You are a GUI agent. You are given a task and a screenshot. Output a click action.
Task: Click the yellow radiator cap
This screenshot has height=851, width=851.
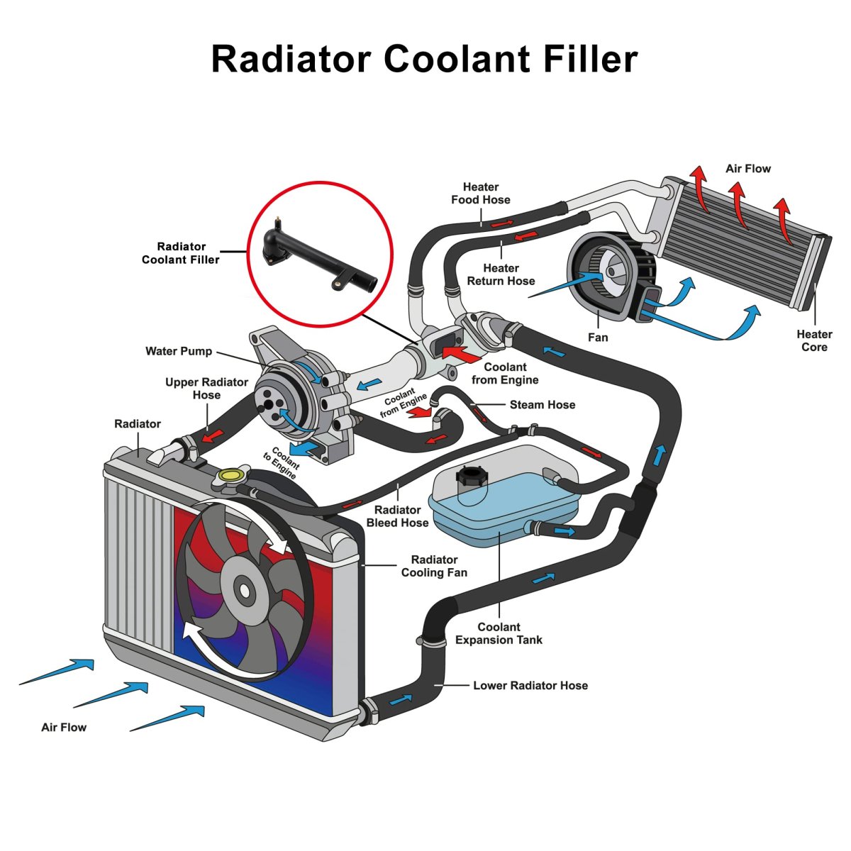coord(231,474)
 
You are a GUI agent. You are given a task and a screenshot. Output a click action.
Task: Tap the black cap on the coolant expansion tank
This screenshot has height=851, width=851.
coord(469,476)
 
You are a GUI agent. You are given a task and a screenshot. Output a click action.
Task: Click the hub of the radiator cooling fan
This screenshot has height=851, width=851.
coord(245,589)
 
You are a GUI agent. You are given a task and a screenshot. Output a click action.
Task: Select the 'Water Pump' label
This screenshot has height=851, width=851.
coord(179,351)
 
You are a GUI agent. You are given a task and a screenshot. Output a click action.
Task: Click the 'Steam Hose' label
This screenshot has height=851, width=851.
coord(543,405)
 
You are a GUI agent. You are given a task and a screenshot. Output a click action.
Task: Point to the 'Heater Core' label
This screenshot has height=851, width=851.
coord(814,340)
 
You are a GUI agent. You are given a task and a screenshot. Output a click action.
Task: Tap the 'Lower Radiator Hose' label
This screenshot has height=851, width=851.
coord(530,686)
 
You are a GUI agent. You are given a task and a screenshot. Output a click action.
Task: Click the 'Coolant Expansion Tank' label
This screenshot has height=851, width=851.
coord(499,633)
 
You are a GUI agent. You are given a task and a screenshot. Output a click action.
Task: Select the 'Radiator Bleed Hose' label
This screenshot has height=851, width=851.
coord(397,516)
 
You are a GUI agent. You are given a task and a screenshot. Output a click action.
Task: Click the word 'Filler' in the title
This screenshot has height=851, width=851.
coord(591,59)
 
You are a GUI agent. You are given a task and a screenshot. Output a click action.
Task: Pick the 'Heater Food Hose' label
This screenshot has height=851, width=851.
coord(481,194)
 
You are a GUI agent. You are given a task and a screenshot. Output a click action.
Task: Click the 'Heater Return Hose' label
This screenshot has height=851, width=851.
coord(501,274)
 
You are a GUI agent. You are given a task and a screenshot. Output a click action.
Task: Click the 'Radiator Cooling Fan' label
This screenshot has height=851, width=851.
coord(434,566)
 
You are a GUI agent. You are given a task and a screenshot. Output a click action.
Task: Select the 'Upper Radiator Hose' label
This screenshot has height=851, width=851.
coord(206,389)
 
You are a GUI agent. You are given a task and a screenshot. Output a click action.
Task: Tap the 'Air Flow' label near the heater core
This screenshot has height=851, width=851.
coord(747,169)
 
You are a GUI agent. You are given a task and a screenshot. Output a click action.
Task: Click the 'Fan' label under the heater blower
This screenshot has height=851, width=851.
coord(598,338)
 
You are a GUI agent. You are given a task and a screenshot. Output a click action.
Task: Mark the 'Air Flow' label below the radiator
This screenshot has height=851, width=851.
coord(64,727)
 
